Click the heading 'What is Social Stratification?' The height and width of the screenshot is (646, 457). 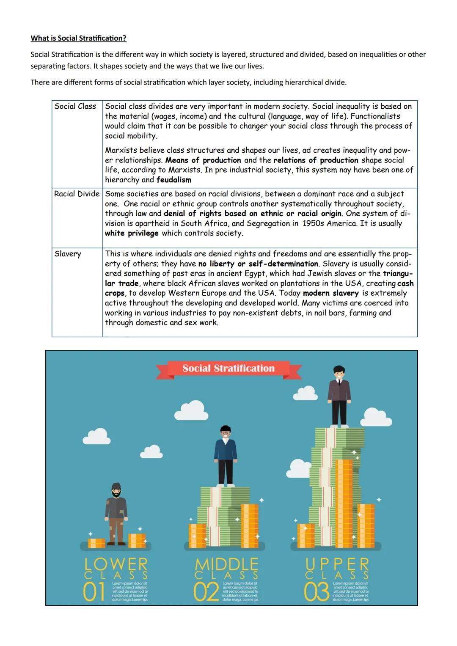pyautogui.click(x=78, y=38)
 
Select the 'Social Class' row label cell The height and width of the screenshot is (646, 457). pyautogui.click(x=75, y=107)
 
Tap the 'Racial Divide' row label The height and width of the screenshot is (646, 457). pyautogui.click(x=77, y=194)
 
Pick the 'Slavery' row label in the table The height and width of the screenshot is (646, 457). pyautogui.click(x=68, y=254)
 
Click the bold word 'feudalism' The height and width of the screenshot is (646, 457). pyautogui.click(x=174, y=180)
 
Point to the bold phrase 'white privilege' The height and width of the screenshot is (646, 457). pyautogui.click(x=132, y=233)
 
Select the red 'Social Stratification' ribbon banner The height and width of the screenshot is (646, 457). pyautogui.click(x=228, y=368)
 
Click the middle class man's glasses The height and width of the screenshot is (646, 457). pyautogui.click(x=226, y=433)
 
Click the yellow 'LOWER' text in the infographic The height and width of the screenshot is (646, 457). pyautogui.click(x=116, y=564)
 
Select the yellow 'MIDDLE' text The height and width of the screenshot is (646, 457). pyautogui.click(x=226, y=564)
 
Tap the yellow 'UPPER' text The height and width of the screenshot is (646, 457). pyautogui.click(x=337, y=564)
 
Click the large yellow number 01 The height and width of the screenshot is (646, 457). pyautogui.click(x=94, y=592)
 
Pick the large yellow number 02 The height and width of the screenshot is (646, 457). pyautogui.click(x=206, y=592)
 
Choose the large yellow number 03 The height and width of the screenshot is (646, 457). pyautogui.click(x=317, y=592)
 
